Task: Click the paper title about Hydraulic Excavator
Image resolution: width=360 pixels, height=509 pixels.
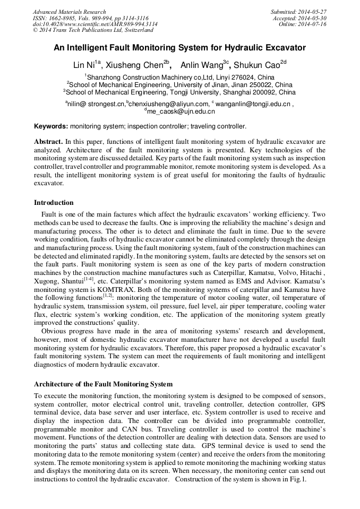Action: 179,48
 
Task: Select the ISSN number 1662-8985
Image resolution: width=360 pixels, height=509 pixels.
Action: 64,18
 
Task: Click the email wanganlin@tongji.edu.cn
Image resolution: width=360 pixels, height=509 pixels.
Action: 252,104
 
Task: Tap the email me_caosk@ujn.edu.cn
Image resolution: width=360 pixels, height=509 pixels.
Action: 181,111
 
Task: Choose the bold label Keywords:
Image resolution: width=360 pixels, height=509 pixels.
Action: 51,127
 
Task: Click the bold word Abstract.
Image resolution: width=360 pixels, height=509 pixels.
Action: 48,142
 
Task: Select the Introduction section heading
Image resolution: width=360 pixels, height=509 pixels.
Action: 54,202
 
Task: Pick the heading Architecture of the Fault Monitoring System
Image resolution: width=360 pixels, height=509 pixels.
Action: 103,384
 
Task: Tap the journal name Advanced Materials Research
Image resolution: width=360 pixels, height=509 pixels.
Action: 69,12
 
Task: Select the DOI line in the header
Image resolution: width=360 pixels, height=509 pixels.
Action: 95,24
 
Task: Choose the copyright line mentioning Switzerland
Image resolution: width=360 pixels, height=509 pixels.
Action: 93,30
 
